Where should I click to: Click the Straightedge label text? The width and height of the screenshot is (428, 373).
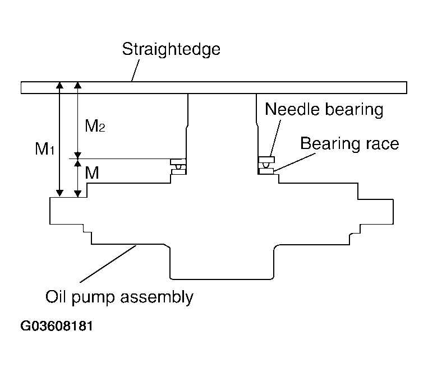point(171,50)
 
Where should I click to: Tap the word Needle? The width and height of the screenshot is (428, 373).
point(292,109)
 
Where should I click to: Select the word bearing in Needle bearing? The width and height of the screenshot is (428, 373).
point(355,110)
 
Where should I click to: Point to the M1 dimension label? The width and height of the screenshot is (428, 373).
point(45,149)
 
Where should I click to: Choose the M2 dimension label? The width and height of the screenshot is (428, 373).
point(95,126)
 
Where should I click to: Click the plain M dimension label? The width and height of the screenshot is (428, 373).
point(92,172)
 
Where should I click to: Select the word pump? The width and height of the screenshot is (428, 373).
point(93,298)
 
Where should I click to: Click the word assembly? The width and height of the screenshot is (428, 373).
point(157,297)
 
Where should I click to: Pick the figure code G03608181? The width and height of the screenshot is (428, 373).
point(57,326)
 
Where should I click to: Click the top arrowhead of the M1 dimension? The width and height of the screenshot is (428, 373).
point(59,85)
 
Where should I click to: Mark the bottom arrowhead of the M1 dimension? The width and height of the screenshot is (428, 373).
point(59,193)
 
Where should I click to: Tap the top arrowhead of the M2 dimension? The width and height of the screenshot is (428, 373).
point(78,85)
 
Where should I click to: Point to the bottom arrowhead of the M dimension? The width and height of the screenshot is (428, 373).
point(78,193)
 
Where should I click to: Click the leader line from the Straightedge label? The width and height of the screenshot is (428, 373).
point(135,71)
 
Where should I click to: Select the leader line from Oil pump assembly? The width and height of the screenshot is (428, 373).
point(108,264)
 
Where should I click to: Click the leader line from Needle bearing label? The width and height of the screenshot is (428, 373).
point(275,138)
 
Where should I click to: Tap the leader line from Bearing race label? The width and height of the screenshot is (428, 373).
point(295,162)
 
